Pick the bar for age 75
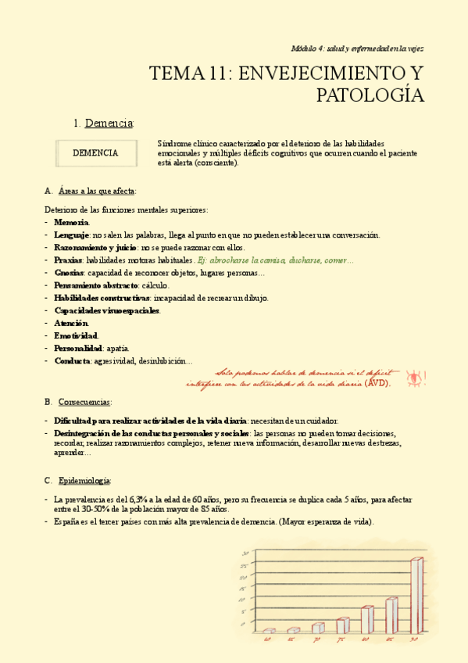(x=342, y=625)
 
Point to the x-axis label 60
(x=268, y=640)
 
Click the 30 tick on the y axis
(x=245, y=553)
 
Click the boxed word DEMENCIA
(x=95, y=153)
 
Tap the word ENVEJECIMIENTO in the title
(x=317, y=74)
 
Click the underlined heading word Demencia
(x=109, y=123)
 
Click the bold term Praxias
(x=68, y=260)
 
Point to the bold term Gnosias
(x=69, y=273)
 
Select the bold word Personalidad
(x=78, y=348)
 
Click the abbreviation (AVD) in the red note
(x=379, y=384)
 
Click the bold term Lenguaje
(x=71, y=235)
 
